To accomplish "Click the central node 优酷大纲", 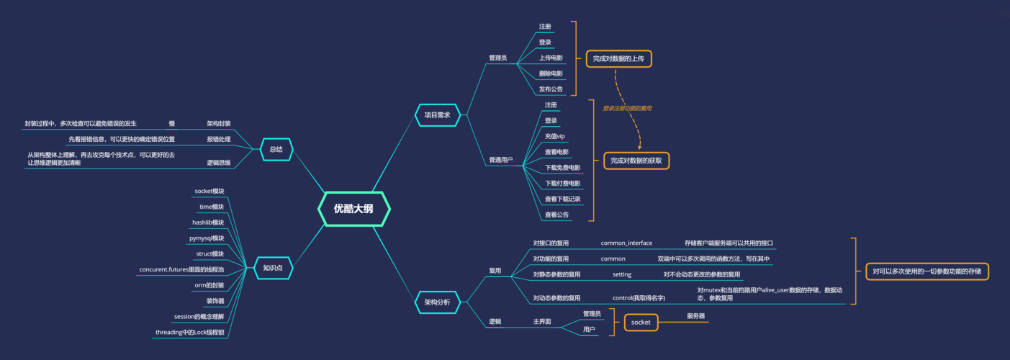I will [353, 209].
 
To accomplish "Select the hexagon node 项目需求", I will [437, 115].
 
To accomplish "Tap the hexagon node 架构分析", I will [437, 302].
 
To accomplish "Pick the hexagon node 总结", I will [276, 149].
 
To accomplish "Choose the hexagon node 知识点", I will [273, 269].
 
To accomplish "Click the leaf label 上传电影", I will [551, 58].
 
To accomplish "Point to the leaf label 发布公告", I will [551, 89].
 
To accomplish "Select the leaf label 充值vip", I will [555, 136].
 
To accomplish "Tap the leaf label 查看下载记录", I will [562, 199].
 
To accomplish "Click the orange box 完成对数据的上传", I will [618, 58].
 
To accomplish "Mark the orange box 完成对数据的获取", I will [636, 161].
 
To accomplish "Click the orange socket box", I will [641, 323].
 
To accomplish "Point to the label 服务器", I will [695, 316].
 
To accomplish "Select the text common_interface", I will [626, 243].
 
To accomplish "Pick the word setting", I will [622, 274].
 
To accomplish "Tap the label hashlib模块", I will [208, 222].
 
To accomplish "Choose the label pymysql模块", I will [207, 238].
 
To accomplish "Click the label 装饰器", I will [215, 301].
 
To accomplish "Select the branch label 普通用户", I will [501, 160].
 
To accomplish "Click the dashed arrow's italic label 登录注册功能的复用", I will [627, 108].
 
